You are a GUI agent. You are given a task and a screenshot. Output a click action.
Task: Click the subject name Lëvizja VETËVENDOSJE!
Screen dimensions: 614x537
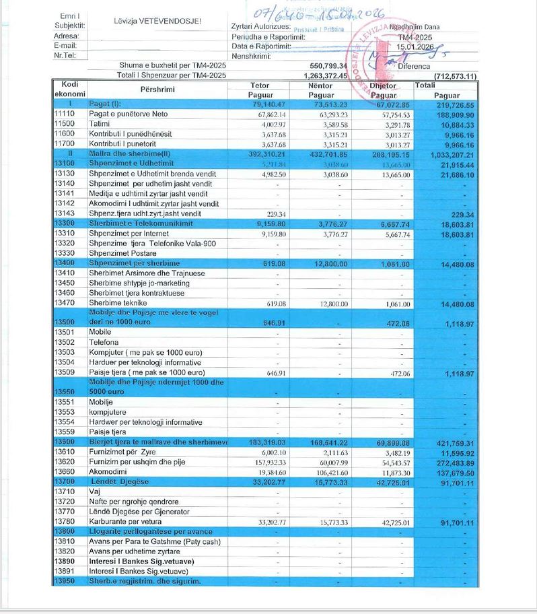click(x=157, y=22)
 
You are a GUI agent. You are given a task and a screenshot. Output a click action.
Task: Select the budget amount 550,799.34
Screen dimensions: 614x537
click(x=329, y=66)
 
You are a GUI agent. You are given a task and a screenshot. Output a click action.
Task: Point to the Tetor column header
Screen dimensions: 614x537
click(x=260, y=86)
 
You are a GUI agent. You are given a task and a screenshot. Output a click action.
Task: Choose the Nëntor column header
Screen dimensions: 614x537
click(x=320, y=86)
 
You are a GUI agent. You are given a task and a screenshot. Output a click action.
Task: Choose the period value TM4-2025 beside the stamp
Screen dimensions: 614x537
click(x=413, y=37)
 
